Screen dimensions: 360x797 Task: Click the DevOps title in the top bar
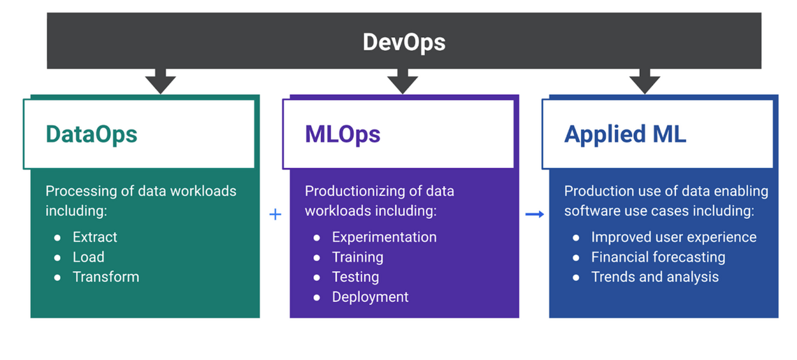[403, 42]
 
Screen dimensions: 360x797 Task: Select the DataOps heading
[92, 134]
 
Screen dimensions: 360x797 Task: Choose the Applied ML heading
[625, 134]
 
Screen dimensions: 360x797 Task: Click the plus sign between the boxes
[275, 215]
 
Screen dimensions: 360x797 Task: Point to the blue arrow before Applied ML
[534, 215]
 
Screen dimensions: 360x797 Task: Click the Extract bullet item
[95, 237]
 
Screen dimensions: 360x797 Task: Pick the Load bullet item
[89, 257]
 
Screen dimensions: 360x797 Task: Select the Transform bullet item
[106, 277]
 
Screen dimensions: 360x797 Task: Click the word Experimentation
[384, 237]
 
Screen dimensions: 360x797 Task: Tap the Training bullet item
[357, 257]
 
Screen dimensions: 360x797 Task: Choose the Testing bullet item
[355, 277]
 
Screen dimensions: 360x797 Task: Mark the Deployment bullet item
[370, 297]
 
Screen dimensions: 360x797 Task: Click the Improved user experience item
[673, 237]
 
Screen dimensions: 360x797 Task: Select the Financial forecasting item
[658, 257]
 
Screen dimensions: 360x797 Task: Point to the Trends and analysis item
[654, 277]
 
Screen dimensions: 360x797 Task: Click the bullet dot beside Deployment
[317, 298]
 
